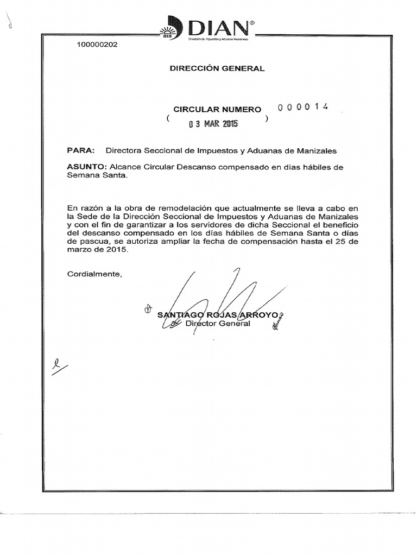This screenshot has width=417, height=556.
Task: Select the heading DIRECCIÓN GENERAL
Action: (217, 68)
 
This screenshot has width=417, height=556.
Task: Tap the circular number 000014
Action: (303, 107)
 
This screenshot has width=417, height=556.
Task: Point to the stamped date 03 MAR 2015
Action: (213, 124)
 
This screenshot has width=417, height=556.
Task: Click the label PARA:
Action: (81, 150)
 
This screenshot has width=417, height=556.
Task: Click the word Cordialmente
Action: (94, 273)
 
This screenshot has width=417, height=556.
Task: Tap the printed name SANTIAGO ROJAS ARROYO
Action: (217, 315)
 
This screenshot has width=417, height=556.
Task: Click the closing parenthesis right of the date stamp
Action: (266, 118)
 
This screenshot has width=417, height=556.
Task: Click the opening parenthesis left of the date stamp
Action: (169, 118)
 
